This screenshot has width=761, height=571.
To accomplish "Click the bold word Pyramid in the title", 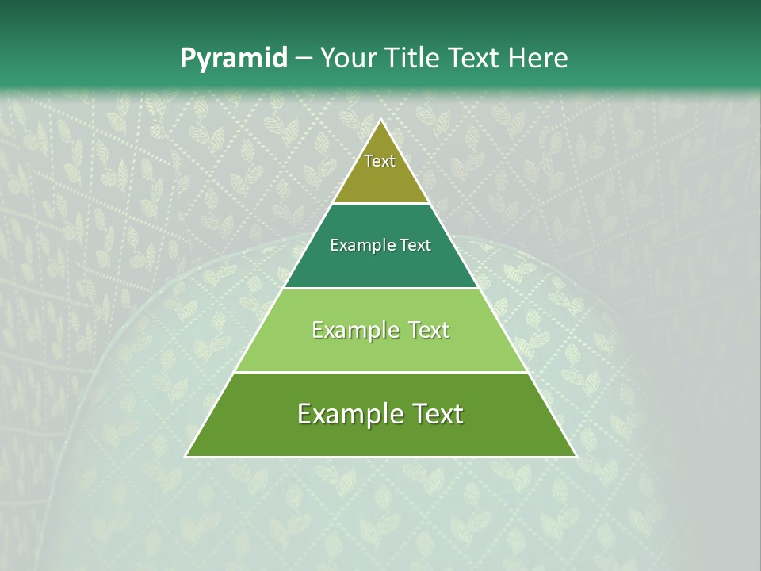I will (234, 59).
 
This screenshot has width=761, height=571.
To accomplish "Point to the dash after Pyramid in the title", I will (304, 59).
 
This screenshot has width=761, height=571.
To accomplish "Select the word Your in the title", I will (346, 59).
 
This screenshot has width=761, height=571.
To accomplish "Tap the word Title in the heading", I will (412, 59).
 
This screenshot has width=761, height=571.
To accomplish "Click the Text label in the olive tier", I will (380, 161).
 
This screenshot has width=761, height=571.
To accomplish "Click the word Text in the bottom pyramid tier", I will (434, 414).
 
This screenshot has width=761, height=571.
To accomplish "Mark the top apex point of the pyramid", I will (380, 120).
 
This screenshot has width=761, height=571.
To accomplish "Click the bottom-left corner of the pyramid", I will (186, 456).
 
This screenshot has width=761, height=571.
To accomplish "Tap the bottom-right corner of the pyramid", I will (576, 456).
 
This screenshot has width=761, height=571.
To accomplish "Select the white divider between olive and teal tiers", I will (380, 203).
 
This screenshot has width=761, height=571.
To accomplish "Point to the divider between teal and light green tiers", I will (380, 288).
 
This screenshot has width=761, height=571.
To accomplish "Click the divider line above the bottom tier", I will (380, 372).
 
